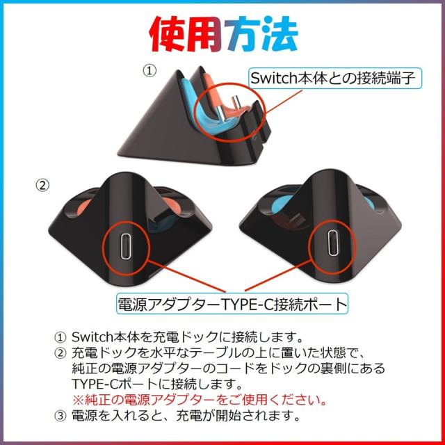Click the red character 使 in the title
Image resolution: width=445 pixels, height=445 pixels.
(173, 31)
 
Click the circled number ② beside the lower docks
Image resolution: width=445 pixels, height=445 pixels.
(42, 186)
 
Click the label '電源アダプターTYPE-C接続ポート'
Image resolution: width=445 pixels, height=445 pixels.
(232, 304)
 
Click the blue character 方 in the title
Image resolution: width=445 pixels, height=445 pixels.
(241, 31)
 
